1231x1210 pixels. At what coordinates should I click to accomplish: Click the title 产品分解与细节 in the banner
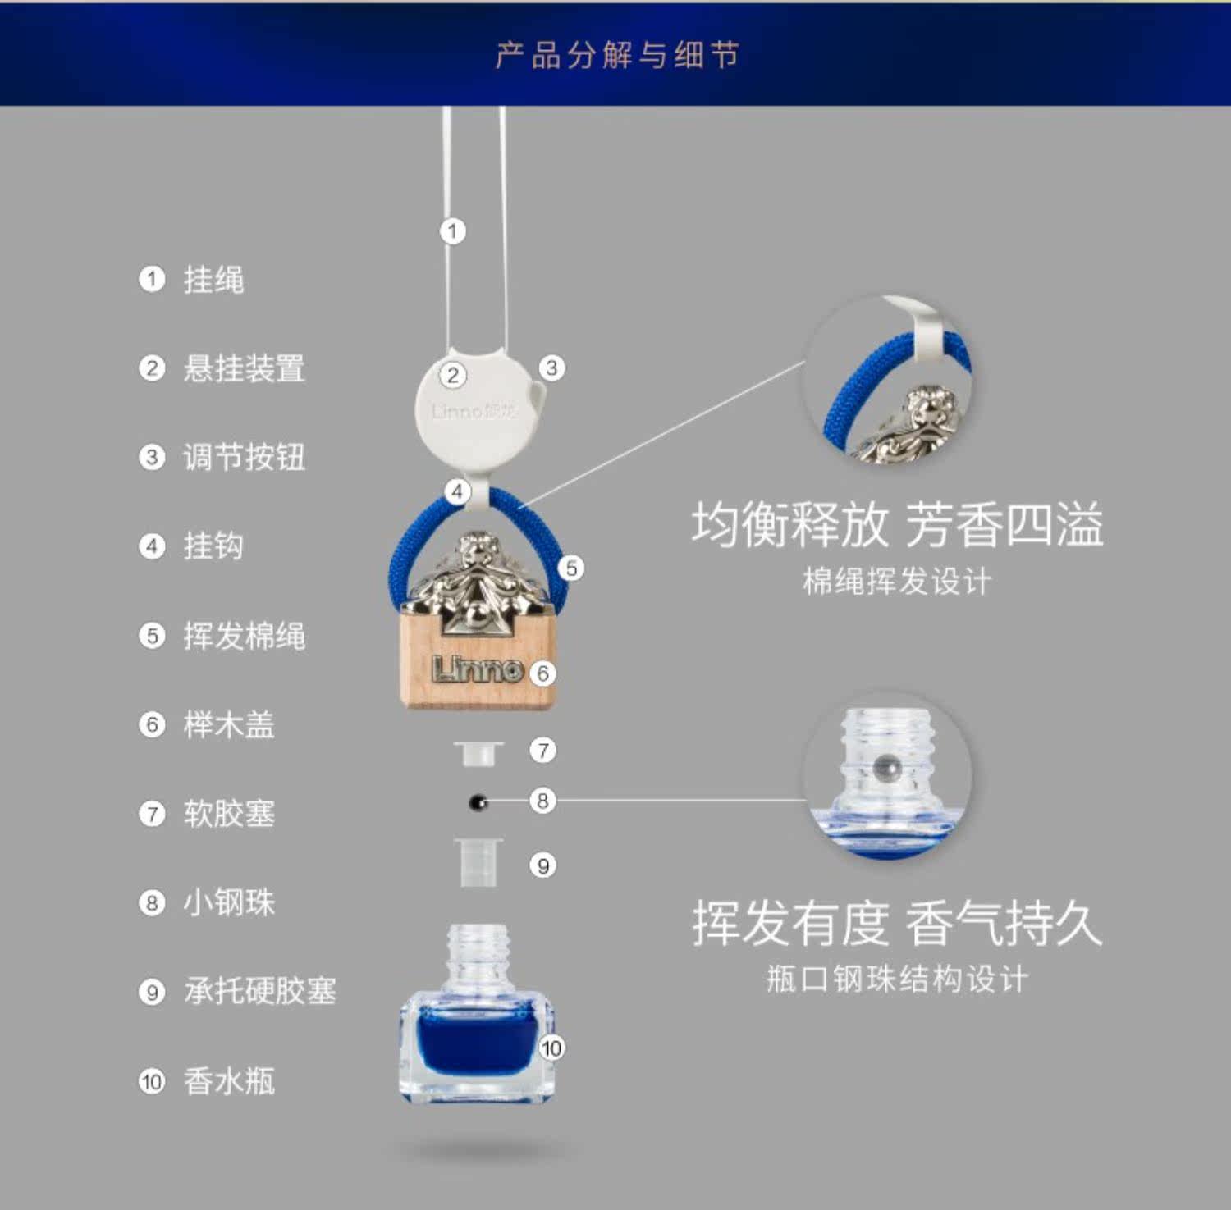[x=616, y=56]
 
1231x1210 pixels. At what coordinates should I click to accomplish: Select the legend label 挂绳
[x=213, y=280]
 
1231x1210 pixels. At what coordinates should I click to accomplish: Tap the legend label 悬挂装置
[x=244, y=368]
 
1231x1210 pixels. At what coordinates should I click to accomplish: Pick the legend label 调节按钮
[x=244, y=457]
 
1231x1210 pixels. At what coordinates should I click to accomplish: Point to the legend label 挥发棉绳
[x=244, y=636]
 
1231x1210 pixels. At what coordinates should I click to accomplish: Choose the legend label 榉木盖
[x=229, y=724]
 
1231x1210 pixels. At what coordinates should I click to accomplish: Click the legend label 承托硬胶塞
[x=259, y=991]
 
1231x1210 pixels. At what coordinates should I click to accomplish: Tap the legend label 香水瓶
[x=229, y=1081]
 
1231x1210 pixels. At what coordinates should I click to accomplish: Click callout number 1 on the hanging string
[x=452, y=231]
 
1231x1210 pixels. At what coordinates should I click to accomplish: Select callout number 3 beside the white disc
[x=551, y=368]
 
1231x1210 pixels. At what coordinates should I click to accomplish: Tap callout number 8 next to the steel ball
[x=542, y=800]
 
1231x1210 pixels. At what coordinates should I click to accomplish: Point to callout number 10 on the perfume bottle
[x=551, y=1048]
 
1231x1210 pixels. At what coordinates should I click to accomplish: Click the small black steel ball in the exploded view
[x=478, y=802]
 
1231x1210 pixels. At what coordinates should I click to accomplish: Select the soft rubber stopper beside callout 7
[x=478, y=752]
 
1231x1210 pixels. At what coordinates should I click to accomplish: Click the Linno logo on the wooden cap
[x=477, y=669]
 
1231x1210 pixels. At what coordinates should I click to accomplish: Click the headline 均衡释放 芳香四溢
[x=897, y=524]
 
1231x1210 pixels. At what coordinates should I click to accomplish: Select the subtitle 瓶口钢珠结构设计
[x=897, y=979]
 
